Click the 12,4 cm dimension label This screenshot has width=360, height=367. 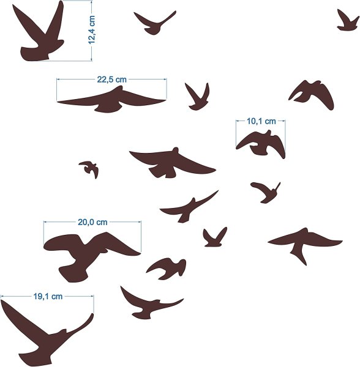point(92,30)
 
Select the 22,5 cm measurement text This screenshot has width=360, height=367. point(111,80)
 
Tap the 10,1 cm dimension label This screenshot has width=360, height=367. point(261,121)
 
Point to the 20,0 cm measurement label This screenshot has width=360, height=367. point(92,222)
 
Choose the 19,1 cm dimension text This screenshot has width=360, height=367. point(48,296)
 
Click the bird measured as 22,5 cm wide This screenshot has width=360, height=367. point(111,100)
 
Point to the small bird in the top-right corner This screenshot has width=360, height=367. point(348,21)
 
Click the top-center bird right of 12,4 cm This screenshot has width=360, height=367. point(154,24)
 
